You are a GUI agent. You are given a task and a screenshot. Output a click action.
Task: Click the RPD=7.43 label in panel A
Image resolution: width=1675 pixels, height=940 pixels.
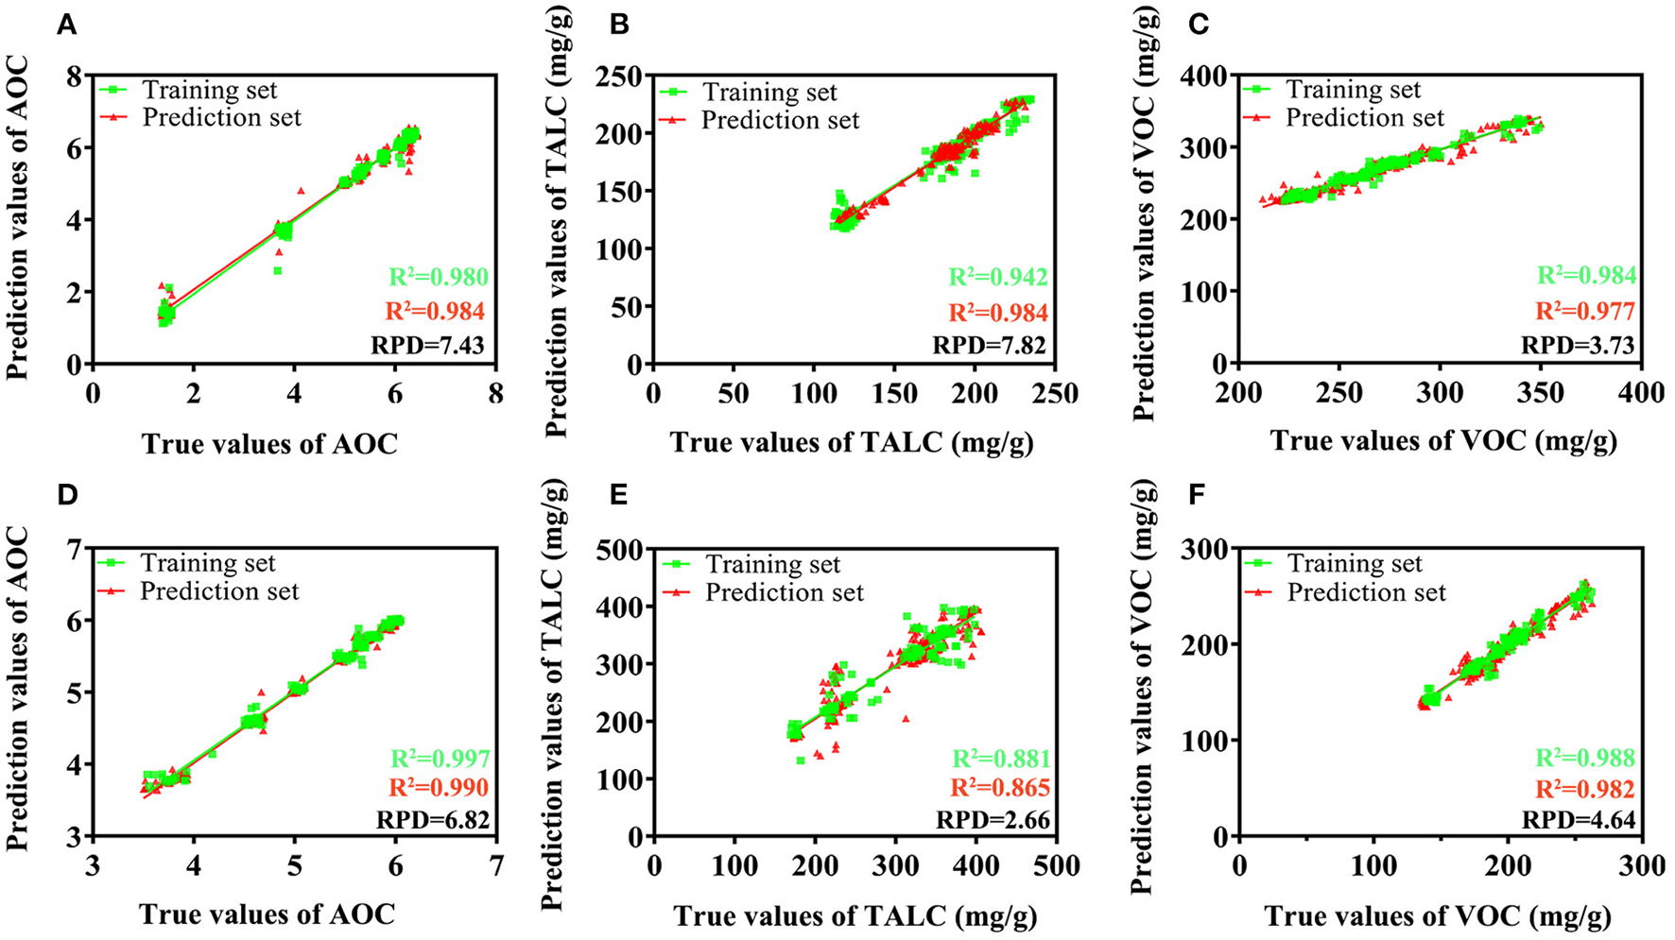(x=427, y=346)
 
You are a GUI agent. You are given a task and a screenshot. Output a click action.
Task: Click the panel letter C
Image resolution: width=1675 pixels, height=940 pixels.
(x=1199, y=25)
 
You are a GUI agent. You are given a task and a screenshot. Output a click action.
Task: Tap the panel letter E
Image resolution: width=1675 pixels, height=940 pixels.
(x=619, y=496)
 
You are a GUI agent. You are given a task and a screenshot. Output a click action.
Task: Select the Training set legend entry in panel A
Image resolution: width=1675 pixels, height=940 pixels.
(x=209, y=91)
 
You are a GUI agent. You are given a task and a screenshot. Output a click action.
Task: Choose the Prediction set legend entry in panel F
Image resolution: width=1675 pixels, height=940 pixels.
(x=1366, y=593)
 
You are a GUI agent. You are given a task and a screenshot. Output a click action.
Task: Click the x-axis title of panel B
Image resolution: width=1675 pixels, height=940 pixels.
(x=852, y=442)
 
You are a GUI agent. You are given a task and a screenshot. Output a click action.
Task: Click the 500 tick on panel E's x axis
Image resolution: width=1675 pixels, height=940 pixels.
(x=1056, y=866)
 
